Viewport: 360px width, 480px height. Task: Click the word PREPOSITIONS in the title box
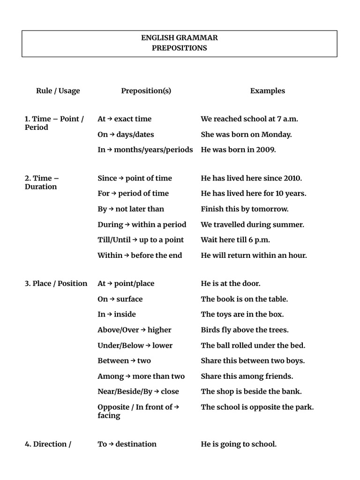pyautogui.click(x=180, y=48)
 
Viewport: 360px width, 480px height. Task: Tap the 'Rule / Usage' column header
pyautogui.click(x=58, y=91)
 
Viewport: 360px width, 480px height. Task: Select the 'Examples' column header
pyautogui.click(x=267, y=91)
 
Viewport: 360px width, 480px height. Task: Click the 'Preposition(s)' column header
pyautogui.click(x=146, y=91)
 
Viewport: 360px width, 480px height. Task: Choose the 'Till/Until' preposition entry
pyautogui.click(x=114, y=240)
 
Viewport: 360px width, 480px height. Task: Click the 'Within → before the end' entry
pyautogui.click(x=140, y=255)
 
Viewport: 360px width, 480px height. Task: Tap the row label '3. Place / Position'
pyautogui.click(x=56, y=284)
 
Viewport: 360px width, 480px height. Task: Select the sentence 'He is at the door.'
pyautogui.click(x=230, y=284)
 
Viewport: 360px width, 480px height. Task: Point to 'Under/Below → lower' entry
pyautogui.click(x=135, y=345)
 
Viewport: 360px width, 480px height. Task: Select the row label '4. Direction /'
pyautogui.click(x=48, y=444)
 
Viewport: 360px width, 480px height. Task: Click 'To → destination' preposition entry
pyautogui.click(x=127, y=444)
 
